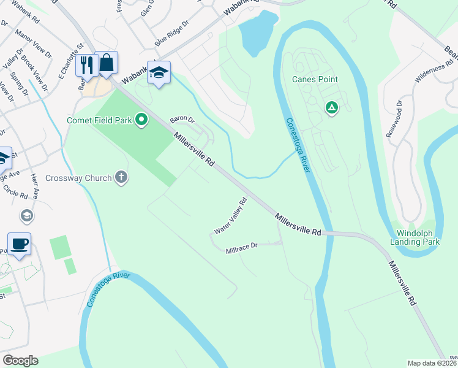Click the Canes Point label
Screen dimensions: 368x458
point(315,79)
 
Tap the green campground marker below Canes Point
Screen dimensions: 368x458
point(331,109)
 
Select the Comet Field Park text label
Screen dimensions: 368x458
point(100,120)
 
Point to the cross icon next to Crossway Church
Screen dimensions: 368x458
point(121,178)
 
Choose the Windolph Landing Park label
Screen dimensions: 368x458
point(418,237)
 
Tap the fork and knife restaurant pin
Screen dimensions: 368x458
point(86,65)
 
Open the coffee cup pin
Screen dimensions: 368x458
point(19,244)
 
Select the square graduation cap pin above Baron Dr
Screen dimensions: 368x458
point(159,73)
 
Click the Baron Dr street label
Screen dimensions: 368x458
point(182,119)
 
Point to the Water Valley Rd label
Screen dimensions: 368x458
point(230,216)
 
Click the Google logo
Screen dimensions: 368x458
point(20,360)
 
